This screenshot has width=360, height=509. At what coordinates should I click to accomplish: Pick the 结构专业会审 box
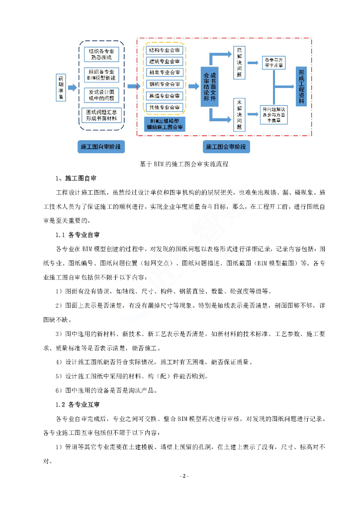pyautogui.click(x=165, y=50)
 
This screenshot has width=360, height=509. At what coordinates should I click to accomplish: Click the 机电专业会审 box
pyautogui.click(x=165, y=73)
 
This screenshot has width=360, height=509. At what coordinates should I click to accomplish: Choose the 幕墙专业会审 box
pyautogui.click(x=165, y=95)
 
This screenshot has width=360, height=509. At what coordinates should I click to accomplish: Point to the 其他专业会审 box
pyautogui.click(x=165, y=107)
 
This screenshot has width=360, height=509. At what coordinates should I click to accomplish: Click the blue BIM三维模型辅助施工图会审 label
pyautogui.click(x=165, y=124)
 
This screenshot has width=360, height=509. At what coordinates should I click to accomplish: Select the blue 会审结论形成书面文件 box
pyautogui.click(x=209, y=87)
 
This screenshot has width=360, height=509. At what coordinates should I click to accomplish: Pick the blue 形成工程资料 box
pyautogui.click(x=301, y=87)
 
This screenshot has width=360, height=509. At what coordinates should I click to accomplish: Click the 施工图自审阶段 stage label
pyautogui.click(x=101, y=147)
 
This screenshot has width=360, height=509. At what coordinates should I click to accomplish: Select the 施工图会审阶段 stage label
pyautogui.click(x=226, y=147)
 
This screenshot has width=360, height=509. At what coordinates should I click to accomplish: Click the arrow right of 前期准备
pyautogui.click(x=73, y=88)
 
